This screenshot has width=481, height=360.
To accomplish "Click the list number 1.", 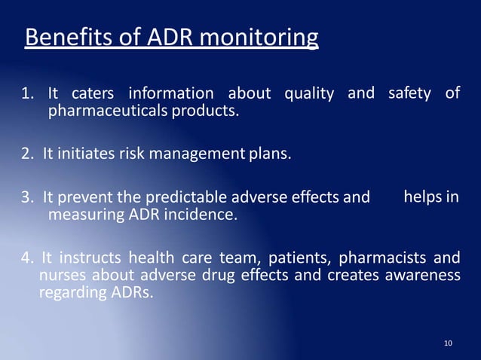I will [x=27, y=95].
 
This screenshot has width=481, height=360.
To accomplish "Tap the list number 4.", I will [x=27, y=259].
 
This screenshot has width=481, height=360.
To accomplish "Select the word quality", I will [x=309, y=95].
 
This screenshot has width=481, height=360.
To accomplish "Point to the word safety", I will [x=410, y=93].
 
